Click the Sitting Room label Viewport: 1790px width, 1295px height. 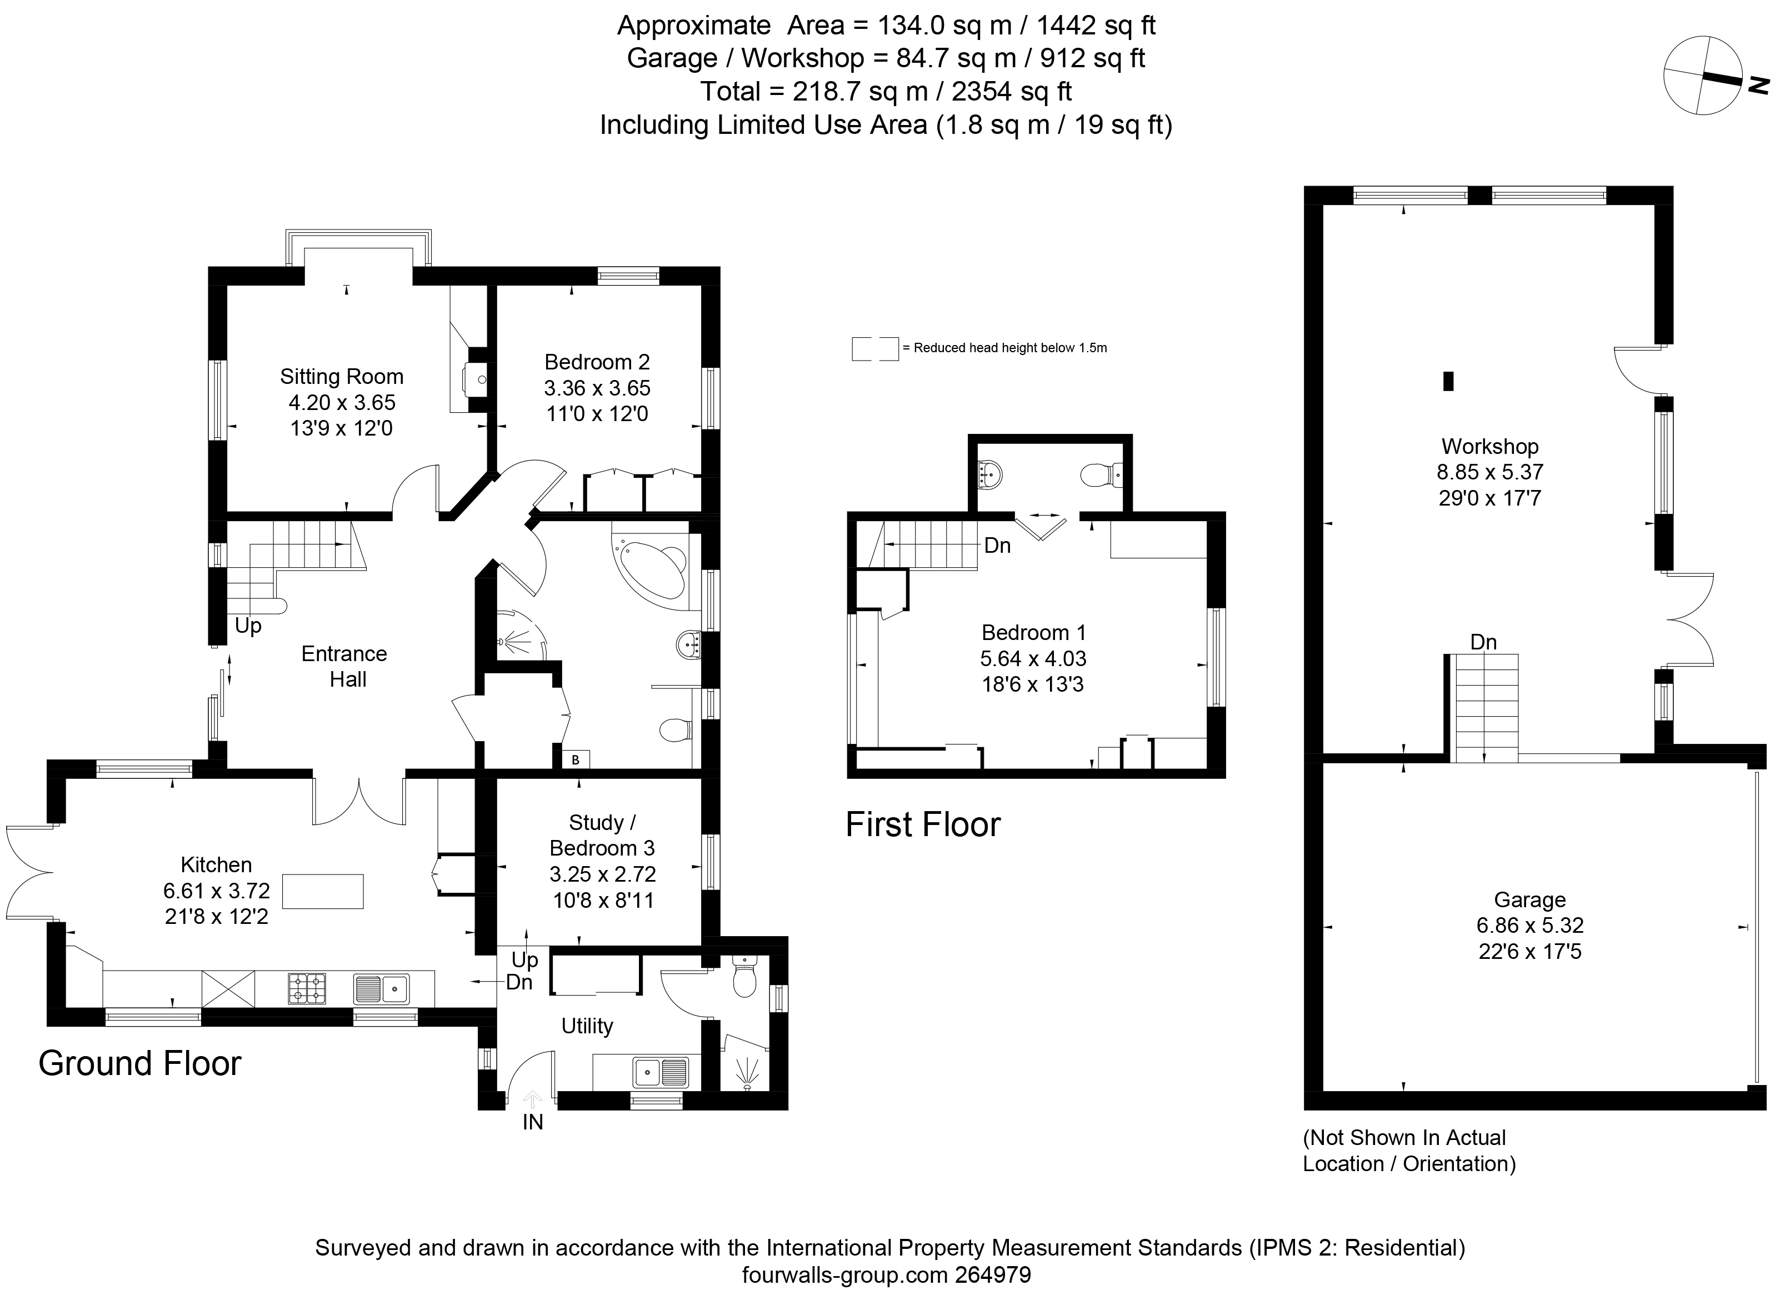[341, 377]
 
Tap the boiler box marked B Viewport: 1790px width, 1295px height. [576, 759]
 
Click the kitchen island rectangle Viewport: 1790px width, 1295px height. [323, 892]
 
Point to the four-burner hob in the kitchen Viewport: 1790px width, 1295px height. [308, 988]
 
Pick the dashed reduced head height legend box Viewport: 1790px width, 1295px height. [874, 348]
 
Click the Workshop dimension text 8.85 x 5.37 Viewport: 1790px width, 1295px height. [1489, 472]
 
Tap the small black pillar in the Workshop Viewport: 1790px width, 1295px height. [1447, 381]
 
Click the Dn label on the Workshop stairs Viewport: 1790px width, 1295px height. [1483, 642]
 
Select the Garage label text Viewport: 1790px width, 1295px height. [1529, 899]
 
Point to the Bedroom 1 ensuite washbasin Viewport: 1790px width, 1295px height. [989, 475]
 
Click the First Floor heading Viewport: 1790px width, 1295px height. [923, 824]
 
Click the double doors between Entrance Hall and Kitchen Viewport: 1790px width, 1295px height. [359, 801]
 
